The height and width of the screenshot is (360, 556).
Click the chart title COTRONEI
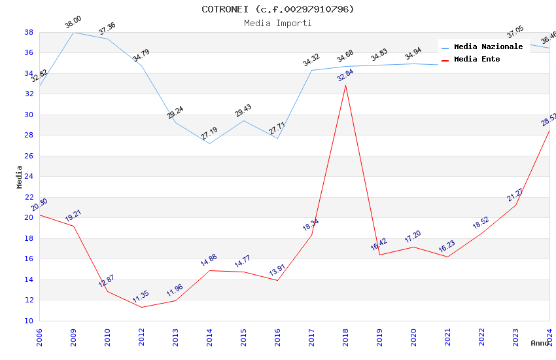pos(277,9)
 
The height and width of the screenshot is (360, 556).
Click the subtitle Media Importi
pos(277,23)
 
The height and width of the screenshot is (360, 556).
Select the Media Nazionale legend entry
pos(488,47)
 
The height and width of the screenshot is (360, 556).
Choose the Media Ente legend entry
pos(477,60)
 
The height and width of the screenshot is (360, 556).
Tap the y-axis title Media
pos(20,177)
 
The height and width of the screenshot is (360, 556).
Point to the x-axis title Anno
pos(540,343)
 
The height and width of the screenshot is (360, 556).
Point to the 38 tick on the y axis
pos(29,32)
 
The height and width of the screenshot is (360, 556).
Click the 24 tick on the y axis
pos(29,177)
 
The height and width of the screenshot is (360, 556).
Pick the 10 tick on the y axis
pos(29,321)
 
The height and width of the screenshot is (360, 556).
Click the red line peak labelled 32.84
pos(345,85)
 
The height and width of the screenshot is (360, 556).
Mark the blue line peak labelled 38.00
pos(73,32)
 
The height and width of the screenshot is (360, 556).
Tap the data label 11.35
pos(141,297)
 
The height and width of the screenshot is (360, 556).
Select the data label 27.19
pos(209,134)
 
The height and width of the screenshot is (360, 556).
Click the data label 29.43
pos(243,111)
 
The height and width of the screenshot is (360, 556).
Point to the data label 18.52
pos(481,223)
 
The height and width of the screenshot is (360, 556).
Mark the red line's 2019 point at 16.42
pos(379,255)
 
